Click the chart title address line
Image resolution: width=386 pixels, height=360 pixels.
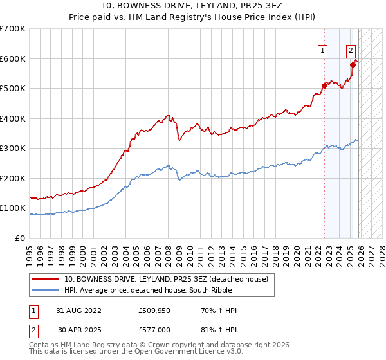tap(192, 5)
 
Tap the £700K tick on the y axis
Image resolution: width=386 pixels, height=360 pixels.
tap(13, 29)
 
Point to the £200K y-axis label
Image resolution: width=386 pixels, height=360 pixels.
tap(13, 178)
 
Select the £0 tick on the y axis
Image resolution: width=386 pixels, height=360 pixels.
tap(21, 238)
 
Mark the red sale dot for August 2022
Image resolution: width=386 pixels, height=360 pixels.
tap(324, 85)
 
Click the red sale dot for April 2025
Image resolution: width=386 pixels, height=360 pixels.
tap(353, 65)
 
